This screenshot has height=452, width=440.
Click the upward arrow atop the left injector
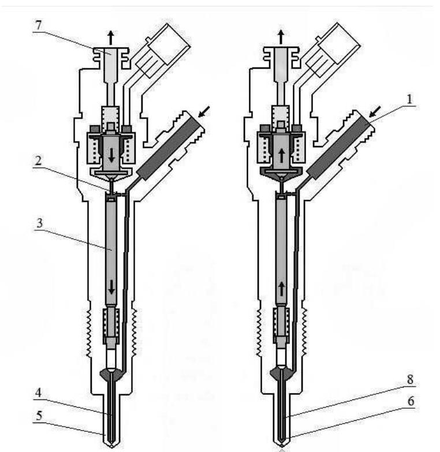pos(110,38)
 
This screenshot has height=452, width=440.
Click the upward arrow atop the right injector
pos(281,37)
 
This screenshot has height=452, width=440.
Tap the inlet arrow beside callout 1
pos(372,110)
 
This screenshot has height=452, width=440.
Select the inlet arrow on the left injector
pos(202,110)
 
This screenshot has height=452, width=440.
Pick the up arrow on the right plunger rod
pos(281,288)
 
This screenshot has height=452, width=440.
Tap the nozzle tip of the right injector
pos(281,446)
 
